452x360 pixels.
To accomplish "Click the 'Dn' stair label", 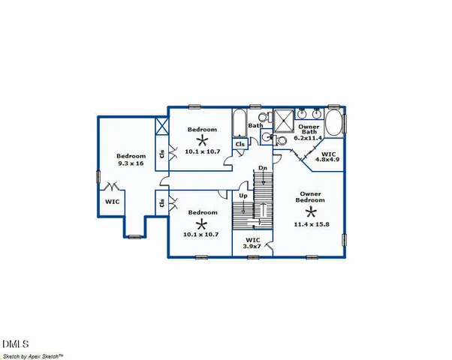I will (262, 168).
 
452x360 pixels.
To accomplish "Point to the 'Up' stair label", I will (243, 196).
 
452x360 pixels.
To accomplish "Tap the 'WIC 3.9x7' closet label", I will (253, 243).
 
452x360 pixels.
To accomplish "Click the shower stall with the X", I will (284, 120).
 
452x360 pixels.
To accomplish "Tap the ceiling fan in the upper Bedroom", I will (201, 140).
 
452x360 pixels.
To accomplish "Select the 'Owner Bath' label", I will (308, 133).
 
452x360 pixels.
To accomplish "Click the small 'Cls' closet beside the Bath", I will (240, 144).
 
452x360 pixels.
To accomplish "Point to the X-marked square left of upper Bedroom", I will (160, 126).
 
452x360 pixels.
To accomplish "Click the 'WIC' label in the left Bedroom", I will (112, 201).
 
